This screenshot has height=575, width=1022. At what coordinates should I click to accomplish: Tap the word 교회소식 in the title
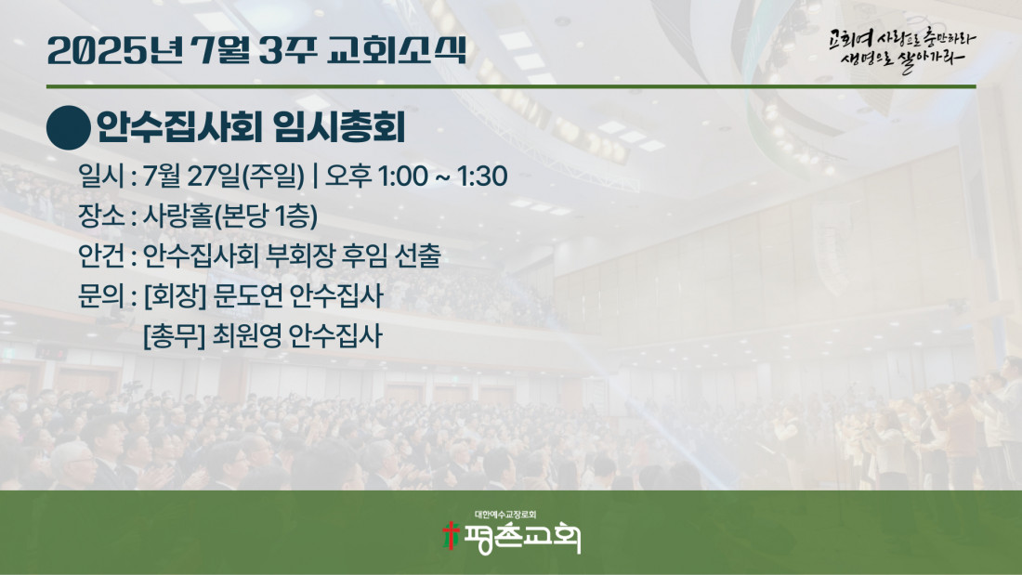(397, 49)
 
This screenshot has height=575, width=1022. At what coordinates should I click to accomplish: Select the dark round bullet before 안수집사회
(69, 128)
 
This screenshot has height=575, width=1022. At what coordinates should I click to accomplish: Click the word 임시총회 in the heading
(339, 127)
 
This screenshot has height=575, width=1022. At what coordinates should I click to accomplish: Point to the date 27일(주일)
(245, 176)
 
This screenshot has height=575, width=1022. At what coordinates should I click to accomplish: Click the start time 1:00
(402, 176)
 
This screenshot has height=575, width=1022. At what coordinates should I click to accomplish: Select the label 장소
(101, 216)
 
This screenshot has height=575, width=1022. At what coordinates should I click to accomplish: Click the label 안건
(101, 256)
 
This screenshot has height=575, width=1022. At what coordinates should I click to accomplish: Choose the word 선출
(418, 256)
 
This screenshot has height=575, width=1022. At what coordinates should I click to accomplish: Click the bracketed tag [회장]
(175, 296)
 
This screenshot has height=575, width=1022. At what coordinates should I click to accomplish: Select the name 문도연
(248, 296)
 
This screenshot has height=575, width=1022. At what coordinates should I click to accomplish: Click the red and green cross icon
(451, 535)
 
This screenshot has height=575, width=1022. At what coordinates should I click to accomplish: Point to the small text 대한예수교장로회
(505, 515)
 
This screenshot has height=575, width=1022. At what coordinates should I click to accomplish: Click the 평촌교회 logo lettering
(521, 538)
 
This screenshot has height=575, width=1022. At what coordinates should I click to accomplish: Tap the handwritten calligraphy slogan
(902, 49)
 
